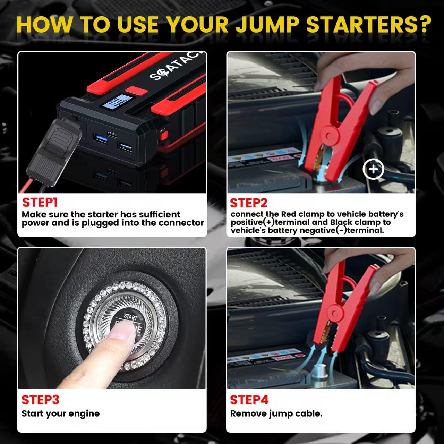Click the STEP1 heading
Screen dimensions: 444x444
[x=40, y=202]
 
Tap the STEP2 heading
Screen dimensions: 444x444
[x=248, y=203]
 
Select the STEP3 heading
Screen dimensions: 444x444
[x=41, y=400]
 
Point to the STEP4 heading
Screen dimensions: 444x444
[x=249, y=400]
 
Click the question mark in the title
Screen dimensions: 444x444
[x=423, y=24]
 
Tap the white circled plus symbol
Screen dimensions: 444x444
[x=373, y=169]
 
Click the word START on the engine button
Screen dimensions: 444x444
[x=131, y=316]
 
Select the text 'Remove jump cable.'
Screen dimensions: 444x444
[x=276, y=413]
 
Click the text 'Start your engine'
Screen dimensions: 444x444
[x=60, y=413]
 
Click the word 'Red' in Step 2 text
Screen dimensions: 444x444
[x=289, y=214]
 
